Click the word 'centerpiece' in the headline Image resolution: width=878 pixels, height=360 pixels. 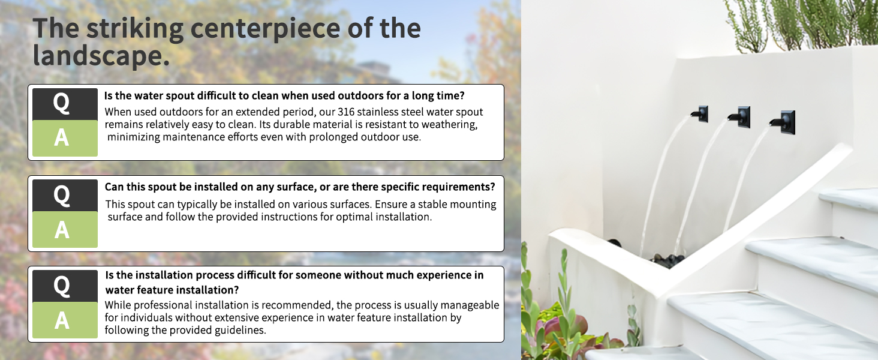pos(265,29)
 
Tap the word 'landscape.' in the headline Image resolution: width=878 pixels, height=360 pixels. pos(101,55)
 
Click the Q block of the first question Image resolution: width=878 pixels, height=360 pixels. pos(65,104)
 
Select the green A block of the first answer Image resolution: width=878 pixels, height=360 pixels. pos(65,138)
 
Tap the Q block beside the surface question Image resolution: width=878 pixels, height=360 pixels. pos(65,195)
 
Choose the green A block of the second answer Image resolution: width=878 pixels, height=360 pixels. pos(65,229)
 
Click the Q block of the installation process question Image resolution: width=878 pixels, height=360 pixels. pos(65,286)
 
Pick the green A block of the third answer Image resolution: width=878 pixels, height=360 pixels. pos(65,320)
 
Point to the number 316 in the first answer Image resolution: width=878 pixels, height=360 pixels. pos(346,112)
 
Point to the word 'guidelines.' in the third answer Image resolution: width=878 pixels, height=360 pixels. pos(240,331)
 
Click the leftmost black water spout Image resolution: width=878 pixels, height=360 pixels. pos(700,114)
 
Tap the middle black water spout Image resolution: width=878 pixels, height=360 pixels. pos(739,117)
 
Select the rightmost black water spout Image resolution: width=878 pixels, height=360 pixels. pos(783,122)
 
